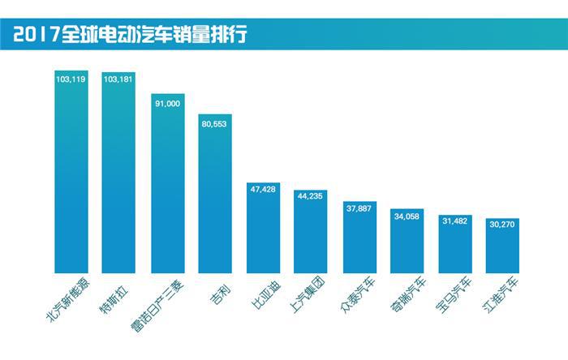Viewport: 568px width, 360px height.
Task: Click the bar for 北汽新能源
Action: pos(71,170)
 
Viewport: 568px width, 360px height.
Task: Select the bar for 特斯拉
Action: pos(119,170)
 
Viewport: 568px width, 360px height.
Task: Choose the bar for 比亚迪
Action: pos(263,227)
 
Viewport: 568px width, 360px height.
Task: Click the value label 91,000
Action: pos(167,103)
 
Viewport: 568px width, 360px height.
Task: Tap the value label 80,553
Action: pos(215,124)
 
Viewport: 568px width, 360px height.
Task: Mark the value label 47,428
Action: pos(263,192)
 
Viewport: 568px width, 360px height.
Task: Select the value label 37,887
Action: pos(359,207)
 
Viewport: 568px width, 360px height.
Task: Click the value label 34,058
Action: pos(407,216)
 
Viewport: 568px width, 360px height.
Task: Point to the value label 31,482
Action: pos(454,224)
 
